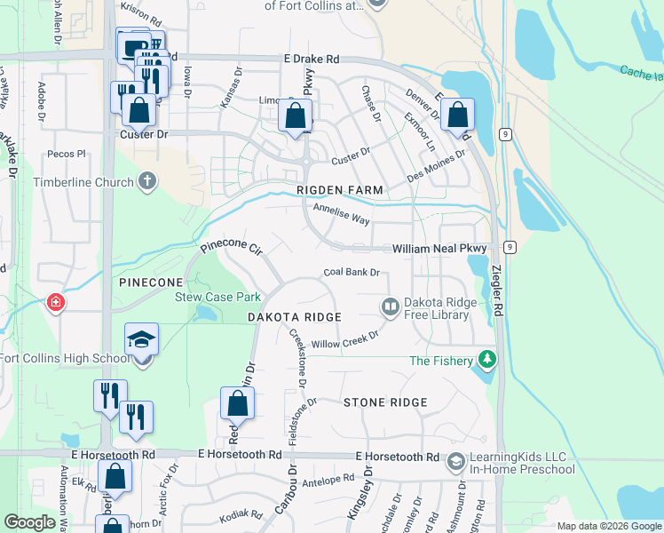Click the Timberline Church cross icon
pyautogui.click(x=147, y=182)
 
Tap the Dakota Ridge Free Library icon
pyautogui.click(x=390, y=307)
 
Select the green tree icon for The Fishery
pyautogui.click(x=486, y=360)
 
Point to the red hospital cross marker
pyautogui.click(x=56, y=303)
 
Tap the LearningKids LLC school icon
pyautogui.click(x=455, y=462)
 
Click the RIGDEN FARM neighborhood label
pyautogui.click(x=340, y=190)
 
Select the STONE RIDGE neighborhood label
pyautogui.click(x=385, y=402)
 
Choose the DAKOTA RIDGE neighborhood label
pyautogui.click(x=294, y=317)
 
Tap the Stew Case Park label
pyautogui.click(x=205, y=297)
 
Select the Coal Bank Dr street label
pyautogui.click(x=352, y=273)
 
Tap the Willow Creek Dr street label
pyautogui.click(x=344, y=339)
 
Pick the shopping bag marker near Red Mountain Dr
pyautogui.click(x=239, y=404)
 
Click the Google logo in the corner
pyautogui.click(x=30, y=521)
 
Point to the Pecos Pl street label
pyautogui.click(x=67, y=153)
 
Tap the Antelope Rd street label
pyautogui.click(x=328, y=481)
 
